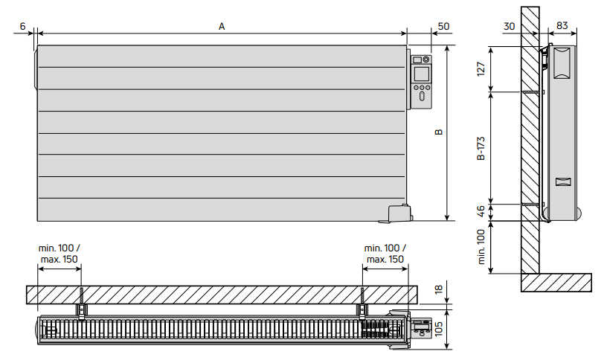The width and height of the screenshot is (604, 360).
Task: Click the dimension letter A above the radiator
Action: point(222,26)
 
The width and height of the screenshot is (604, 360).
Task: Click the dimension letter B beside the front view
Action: point(439,132)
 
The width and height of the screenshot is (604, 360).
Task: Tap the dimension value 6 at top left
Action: point(22,26)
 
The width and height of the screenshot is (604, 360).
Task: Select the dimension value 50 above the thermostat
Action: point(443,26)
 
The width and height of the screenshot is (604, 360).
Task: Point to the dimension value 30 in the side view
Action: point(509,26)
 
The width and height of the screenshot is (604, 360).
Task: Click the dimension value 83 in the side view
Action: point(562,26)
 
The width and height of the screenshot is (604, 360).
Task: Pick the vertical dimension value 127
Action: point(481,69)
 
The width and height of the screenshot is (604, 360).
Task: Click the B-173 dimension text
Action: point(481,149)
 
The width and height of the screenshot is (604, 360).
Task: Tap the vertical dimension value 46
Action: point(481,211)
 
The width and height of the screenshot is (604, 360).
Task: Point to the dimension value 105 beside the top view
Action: point(439,328)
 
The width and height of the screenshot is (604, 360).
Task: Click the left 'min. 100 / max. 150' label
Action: point(60,254)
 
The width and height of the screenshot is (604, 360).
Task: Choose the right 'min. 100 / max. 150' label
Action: point(384,254)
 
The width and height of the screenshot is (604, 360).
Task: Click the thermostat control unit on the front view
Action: point(420,80)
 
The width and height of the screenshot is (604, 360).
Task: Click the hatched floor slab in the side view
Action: point(556,283)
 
